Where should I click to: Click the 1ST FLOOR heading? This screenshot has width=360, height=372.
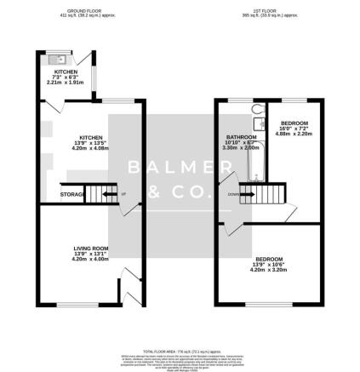tap(270, 12)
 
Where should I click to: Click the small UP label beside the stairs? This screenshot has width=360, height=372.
tap(124, 194)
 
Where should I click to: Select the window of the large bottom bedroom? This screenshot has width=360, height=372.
tap(271, 303)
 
